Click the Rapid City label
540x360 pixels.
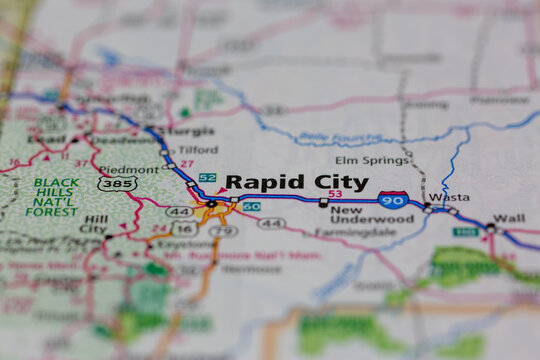(x=296, y=182)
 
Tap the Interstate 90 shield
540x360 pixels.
(x=393, y=200)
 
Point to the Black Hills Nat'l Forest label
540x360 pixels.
(x=55, y=197)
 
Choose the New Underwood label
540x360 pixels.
(x=359, y=216)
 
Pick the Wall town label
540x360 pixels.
(x=509, y=218)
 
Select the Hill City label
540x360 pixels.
(x=94, y=224)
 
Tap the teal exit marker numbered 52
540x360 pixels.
(x=207, y=177)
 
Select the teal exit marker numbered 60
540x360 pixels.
(x=251, y=206)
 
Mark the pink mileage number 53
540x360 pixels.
(x=334, y=194)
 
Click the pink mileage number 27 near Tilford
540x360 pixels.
(x=186, y=163)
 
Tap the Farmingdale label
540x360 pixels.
(x=344, y=231)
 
